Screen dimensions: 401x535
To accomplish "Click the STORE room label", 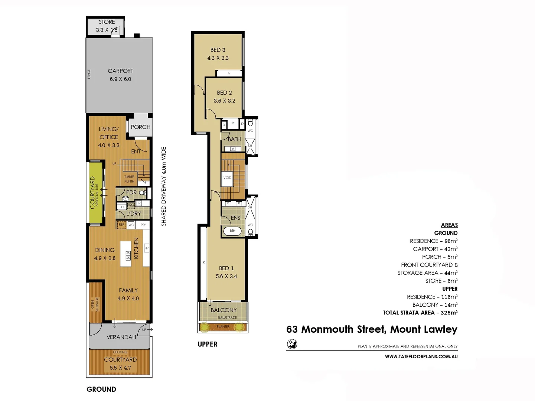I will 107,22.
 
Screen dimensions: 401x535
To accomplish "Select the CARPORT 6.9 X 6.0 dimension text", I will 120,79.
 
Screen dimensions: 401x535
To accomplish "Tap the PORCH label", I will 141,127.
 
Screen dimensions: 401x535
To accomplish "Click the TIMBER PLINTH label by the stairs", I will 129,179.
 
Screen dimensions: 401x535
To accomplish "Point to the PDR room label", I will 131,192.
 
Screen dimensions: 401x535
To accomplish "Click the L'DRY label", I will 134,213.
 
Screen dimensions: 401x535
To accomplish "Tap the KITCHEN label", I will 136,248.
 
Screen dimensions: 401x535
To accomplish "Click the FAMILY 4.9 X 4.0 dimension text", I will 128,299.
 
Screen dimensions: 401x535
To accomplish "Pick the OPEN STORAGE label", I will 95,304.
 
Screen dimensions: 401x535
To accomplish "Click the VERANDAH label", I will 121,337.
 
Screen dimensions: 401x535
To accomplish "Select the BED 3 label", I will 218,50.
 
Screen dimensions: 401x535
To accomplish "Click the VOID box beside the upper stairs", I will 227,178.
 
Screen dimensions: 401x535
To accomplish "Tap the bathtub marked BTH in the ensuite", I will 232,231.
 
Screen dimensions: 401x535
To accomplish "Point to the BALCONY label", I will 224,310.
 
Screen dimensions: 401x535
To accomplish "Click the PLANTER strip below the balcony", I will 223,327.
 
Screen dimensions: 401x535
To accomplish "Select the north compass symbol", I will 292,344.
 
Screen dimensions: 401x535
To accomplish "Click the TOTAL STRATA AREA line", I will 420,313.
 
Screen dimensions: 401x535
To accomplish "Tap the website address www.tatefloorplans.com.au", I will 421,356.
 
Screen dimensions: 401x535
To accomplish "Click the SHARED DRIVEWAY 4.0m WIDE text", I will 164,186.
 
